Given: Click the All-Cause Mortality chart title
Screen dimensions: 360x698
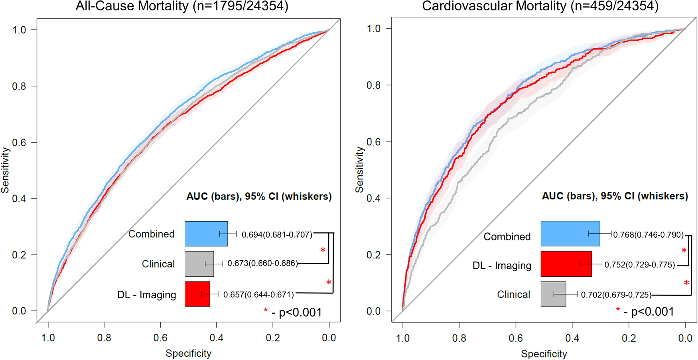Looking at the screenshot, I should [x=182, y=6].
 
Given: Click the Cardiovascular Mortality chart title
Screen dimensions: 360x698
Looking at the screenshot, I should [x=540, y=6].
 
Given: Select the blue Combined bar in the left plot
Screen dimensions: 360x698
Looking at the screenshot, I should [x=206, y=234].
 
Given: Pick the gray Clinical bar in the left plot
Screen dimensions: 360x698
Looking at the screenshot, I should [x=199, y=264].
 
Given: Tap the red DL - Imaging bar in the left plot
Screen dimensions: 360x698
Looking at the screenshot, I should [x=197, y=294].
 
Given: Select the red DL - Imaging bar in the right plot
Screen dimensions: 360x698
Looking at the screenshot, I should [x=566, y=264].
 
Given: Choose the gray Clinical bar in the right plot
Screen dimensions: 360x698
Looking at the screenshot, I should [x=553, y=294].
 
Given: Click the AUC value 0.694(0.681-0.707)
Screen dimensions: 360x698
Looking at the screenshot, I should [x=277, y=235].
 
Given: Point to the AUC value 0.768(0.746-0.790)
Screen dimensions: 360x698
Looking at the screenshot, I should [x=649, y=235].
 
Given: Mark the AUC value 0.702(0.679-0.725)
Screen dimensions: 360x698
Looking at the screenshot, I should [x=616, y=295].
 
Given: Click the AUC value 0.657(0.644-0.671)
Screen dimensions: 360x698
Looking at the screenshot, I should [x=258, y=295].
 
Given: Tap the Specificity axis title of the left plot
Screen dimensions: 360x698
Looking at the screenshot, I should [x=188, y=353].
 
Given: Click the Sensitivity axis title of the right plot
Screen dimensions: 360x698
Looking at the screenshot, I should [x=359, y=169].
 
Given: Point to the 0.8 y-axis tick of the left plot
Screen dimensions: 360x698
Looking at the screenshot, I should [x=19, y=86].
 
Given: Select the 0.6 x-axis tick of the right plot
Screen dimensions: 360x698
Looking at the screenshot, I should [x=516, y=338].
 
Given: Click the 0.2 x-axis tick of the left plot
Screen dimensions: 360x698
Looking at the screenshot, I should [x=273, y=338].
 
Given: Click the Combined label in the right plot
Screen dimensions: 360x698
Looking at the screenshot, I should [x=507, y=237].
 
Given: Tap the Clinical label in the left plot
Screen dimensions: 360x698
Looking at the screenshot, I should [x=158, y=264].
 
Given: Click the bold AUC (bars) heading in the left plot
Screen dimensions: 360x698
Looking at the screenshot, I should [x=259, y=197].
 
